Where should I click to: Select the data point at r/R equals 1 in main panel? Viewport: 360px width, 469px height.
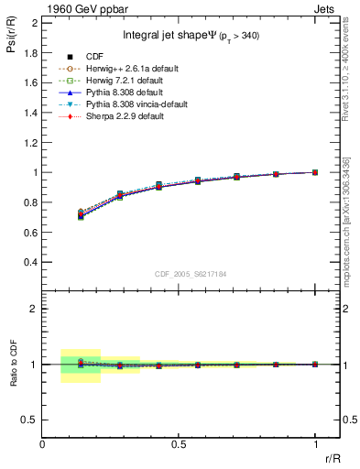click(315, 172)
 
